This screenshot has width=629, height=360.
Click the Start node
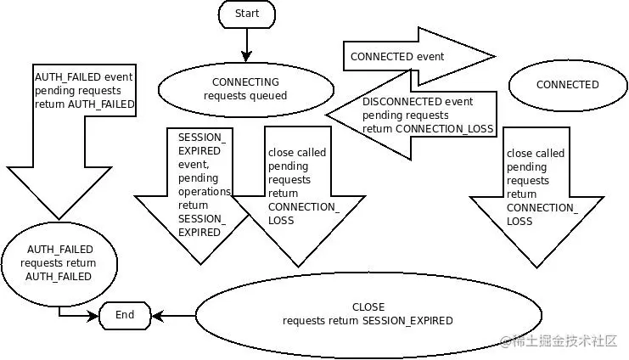[x=247, y=14]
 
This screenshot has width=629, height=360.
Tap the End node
[x=125, y=316]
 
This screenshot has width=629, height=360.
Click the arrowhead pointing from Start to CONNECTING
[x=246, y=56]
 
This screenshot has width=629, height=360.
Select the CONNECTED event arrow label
[x=397, y=57]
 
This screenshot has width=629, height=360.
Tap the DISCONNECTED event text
[x=418, y=102]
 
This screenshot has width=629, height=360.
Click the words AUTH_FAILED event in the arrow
[x=83, y=77]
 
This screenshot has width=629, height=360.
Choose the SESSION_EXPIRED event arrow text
[x=202, y=184]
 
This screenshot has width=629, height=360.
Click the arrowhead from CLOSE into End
[x=158, y=316]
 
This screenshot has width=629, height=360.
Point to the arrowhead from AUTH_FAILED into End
[x=93, y=316]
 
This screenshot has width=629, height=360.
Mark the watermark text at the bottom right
[x=559, y=341]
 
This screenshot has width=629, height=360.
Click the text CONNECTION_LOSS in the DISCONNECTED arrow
[x=444, y=129]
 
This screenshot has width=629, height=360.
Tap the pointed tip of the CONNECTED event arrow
[x=495, y=57]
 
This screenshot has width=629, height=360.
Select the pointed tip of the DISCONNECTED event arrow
[x=327, y=115]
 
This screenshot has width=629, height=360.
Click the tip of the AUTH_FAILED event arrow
[x=59, y=219]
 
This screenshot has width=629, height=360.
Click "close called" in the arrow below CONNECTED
[x=535, y=154]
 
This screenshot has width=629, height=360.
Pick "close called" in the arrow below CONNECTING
[x=297, y=153]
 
